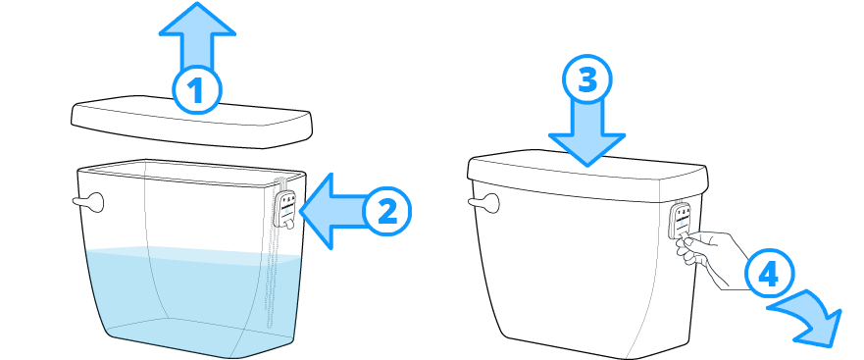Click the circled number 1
coord(197,90)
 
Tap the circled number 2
coord(386,212)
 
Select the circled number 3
coord(587,80)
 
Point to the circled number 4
coord(769,275)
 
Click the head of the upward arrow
coord(197,21)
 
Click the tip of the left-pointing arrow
coord(300,211)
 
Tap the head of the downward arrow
coord(586,149)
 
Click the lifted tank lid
coord(192,123)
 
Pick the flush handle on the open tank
coord(89,202)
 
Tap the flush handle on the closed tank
coord(484,203)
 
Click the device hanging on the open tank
coord(285,207)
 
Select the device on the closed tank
coord(680,220)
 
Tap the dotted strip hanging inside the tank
coord(270,276)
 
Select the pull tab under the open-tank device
coord(289,223)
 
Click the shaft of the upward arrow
coord(197,52)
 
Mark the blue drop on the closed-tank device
coord(680,223)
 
